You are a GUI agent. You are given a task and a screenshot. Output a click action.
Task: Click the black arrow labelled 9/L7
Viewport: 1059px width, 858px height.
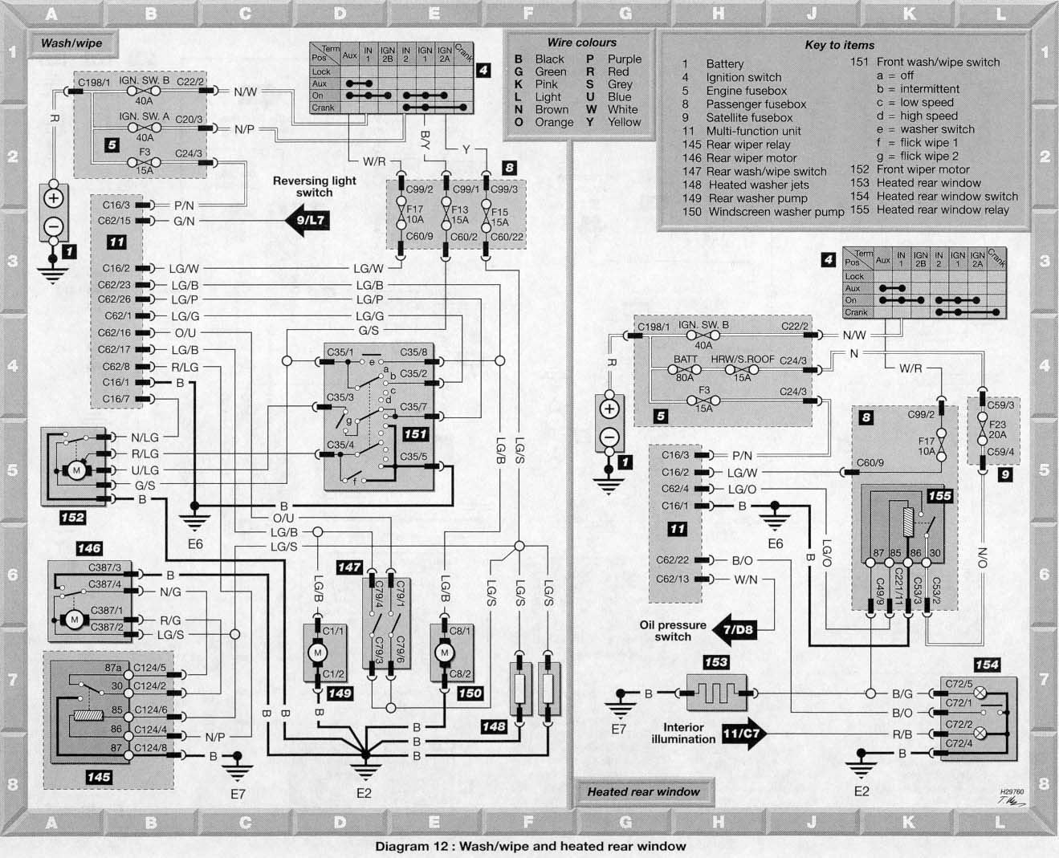pyautogui.click(x=308, y=220)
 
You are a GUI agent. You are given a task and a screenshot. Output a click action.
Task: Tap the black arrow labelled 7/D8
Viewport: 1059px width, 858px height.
pyautogui.click(x=734, y=630)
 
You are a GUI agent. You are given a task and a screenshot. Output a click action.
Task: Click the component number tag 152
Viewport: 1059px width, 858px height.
pyautogui.click(x=72, y=518)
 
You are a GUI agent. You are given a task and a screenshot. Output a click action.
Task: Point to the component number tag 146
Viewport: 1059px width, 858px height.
pyautogui.click(x=89, y=548)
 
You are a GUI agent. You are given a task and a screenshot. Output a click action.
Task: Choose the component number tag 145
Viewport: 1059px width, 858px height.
pyautogui.click(x=99, y=777)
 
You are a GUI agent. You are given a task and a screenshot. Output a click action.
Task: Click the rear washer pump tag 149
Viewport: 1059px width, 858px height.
pyautogui.click(x=340, y=693)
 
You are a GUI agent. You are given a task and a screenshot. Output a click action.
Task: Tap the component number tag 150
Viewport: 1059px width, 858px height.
pyautogui.click(x=470, y=693)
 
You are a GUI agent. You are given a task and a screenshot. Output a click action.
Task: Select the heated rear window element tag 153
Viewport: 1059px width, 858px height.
pyautogui.click(x=716, y=661)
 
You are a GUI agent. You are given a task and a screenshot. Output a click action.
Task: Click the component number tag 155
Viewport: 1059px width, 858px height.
pyautogui.click(x=939, y=495)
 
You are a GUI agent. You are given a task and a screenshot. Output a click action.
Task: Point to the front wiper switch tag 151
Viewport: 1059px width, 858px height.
pyautogui.click(x=415, y=434)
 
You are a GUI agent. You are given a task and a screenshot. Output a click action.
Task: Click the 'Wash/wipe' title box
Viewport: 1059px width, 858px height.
pyautogui.click(x=72, y=43)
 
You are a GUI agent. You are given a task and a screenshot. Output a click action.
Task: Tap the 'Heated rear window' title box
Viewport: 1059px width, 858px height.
pyautogui.click(x=644, y=792)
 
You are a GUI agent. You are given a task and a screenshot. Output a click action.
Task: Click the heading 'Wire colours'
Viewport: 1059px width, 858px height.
pyautogui.click(x=582, y=43)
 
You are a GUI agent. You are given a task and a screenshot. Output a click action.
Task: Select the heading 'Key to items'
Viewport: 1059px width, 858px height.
pyautogui.click(x=840, y=45)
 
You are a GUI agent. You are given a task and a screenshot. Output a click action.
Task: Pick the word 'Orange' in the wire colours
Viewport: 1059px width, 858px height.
pyautogui.click(x=554, y=122)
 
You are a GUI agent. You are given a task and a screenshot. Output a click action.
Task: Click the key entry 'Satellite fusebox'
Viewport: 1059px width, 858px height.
pyautogui.click(x=749, y=118)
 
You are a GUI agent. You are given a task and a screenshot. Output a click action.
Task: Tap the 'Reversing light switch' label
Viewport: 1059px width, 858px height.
pyautogui.click(x=314, y=186)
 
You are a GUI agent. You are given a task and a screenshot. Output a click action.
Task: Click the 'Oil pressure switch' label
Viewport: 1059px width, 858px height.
pyautogui.click(x=673, y=631)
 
